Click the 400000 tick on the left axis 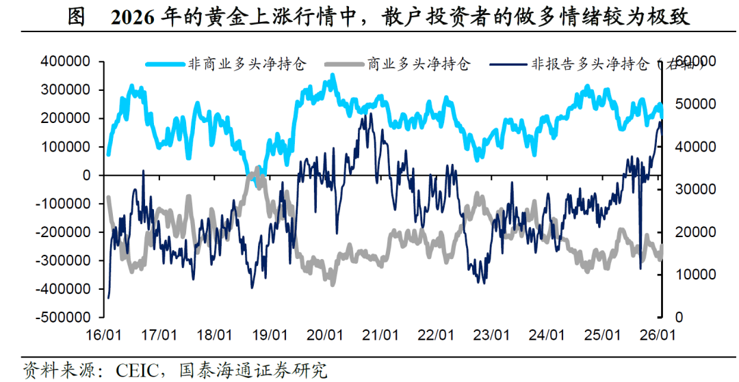66,62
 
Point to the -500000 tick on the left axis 64,317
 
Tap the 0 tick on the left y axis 86,175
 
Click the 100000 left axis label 66,146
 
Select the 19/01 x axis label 270,336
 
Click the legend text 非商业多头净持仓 246,65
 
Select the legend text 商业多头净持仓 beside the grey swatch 419,65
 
